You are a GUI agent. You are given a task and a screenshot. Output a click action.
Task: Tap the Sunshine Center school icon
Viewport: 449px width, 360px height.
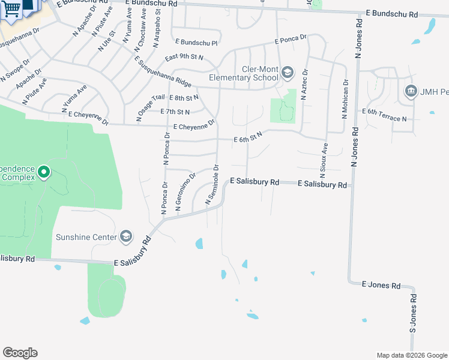pyautogui.click(x=126, y=237)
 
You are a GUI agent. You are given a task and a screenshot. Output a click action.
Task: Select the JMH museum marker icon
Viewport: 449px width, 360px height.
pyautogui.click(x=411, y=91)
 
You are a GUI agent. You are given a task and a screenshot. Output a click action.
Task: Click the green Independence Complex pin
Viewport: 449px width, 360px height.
pyautogui.click(x=43, y=173)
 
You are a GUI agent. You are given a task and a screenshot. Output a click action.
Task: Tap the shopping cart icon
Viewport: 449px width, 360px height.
pyautogui.click(x=11, y=9)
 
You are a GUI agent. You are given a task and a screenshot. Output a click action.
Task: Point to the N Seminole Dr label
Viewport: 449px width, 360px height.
pyautogui.click(x=212, y=185)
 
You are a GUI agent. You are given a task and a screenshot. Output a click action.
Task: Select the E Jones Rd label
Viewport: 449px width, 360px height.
pyautogui.click(x=381, y=286)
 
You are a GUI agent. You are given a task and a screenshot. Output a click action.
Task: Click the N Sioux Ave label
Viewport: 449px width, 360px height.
pyautogui.click(x=324, y=157)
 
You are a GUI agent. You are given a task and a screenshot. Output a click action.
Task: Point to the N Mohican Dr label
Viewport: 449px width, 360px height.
pyautogui.click(x=345, y=100)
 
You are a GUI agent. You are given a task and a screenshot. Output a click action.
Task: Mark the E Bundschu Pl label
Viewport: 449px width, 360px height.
pyautogui.click(x=196, y=43)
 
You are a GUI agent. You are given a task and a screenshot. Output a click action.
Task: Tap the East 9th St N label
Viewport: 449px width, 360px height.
pyautogui.click(x=184, y=58)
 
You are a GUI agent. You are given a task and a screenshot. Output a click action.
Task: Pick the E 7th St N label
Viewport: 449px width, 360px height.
pyautogui.click(x=175, y=112)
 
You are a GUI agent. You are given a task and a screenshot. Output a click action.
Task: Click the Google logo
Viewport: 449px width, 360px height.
pyautogui.click(x=20, y=353)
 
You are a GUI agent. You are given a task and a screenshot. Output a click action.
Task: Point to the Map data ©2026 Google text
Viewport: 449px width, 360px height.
pyautogui.click(x=412, y=355)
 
